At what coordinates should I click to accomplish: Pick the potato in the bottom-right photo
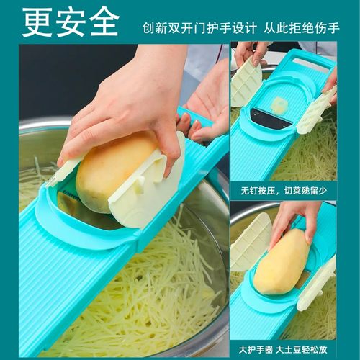pyautogui.click(x=282, y=262)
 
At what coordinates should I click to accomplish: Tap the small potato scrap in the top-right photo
pyautogui.click(x=281, y=106)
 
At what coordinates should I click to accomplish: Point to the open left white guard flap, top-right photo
pyautogui.click(x=246, y=81)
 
